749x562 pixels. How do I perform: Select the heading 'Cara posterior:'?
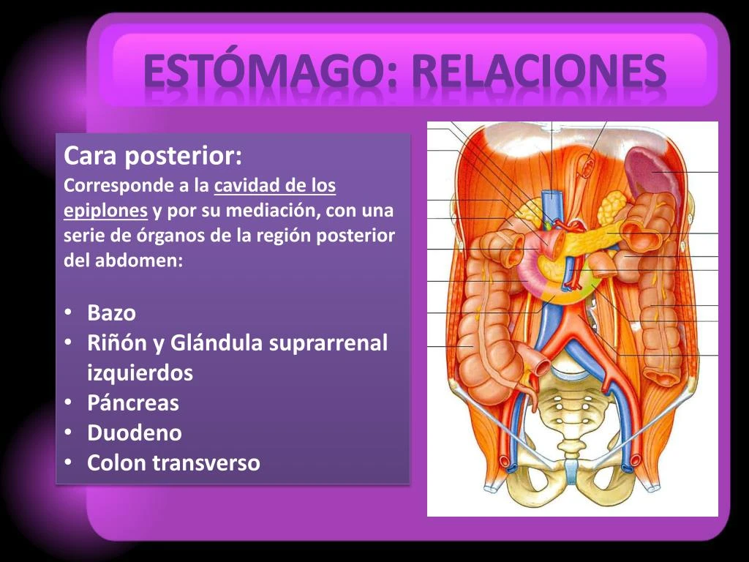click(153, 156)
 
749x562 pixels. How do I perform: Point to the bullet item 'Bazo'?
click(111, 313)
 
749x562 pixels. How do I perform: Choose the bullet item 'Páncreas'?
click(132, 403)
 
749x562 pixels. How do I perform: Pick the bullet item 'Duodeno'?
click(134, 433)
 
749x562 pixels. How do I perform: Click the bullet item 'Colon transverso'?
click(173, 463)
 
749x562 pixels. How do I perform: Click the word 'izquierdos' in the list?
click(140, 373)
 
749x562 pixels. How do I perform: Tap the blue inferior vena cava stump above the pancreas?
click(551, 201)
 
